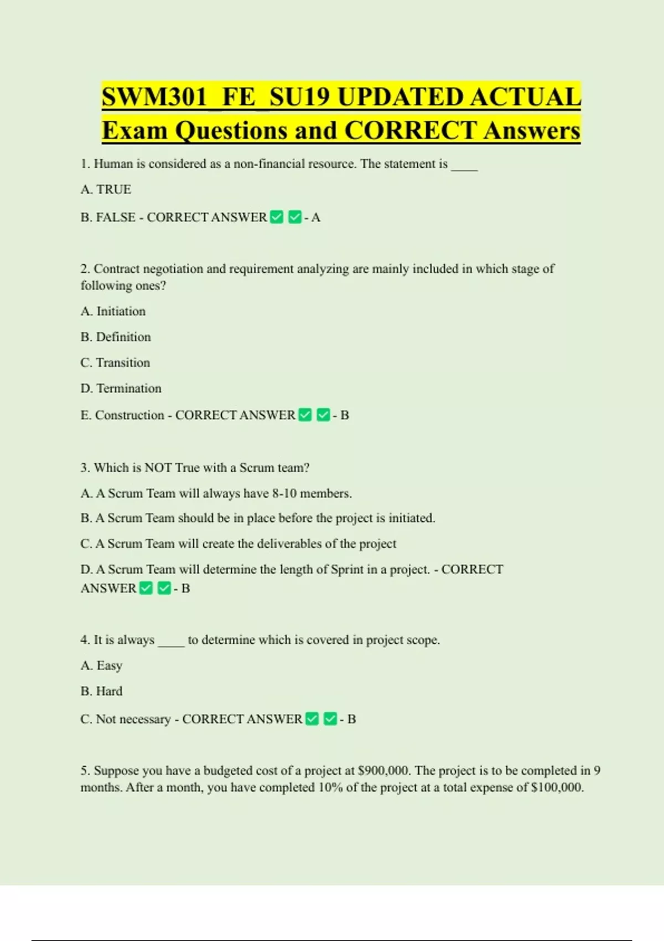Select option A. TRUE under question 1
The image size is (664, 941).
pyautogui.click(x=106, y=189)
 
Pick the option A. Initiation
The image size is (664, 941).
pyautogui.click(x=113, y=311)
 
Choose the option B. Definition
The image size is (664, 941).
pyautogui.click(x=116, y=337)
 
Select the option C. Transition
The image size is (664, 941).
pyautogui.click(x=115, y=363)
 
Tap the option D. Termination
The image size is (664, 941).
pyautogui.click(x=121, y=388)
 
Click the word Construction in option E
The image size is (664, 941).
pyautogui.click(x=129, y=415)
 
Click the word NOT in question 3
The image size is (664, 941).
pyautogui.click(x=158, y=468)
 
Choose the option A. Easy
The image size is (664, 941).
pyautogui.click(x=101, y=665)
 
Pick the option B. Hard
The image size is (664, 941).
pyautogui.click(x=101, y=691)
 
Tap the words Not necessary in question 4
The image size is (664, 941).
pyautogui.click(x=133, y=719)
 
